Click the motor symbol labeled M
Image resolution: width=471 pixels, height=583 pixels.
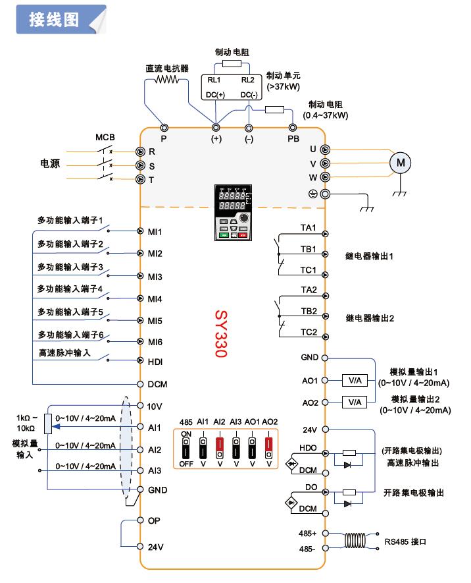coord(401,163)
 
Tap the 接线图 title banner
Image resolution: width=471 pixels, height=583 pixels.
coord(55,20)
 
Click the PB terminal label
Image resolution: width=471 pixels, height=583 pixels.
coord(293,139)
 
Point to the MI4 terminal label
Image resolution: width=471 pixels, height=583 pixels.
coord(155,298)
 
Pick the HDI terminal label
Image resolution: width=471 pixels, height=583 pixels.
coord(155,362)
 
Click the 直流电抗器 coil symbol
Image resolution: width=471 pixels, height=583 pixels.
coord(167,80)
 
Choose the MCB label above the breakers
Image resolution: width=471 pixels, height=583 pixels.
coord(105,137)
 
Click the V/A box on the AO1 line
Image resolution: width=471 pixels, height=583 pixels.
coord(355,380)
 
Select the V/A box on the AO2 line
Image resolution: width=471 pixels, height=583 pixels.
coord(355,402)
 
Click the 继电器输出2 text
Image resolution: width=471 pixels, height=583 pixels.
coord(370,318)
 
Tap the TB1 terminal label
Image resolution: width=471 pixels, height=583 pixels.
coord(309,249)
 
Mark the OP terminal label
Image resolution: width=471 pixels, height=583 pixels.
coord(155,520)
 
